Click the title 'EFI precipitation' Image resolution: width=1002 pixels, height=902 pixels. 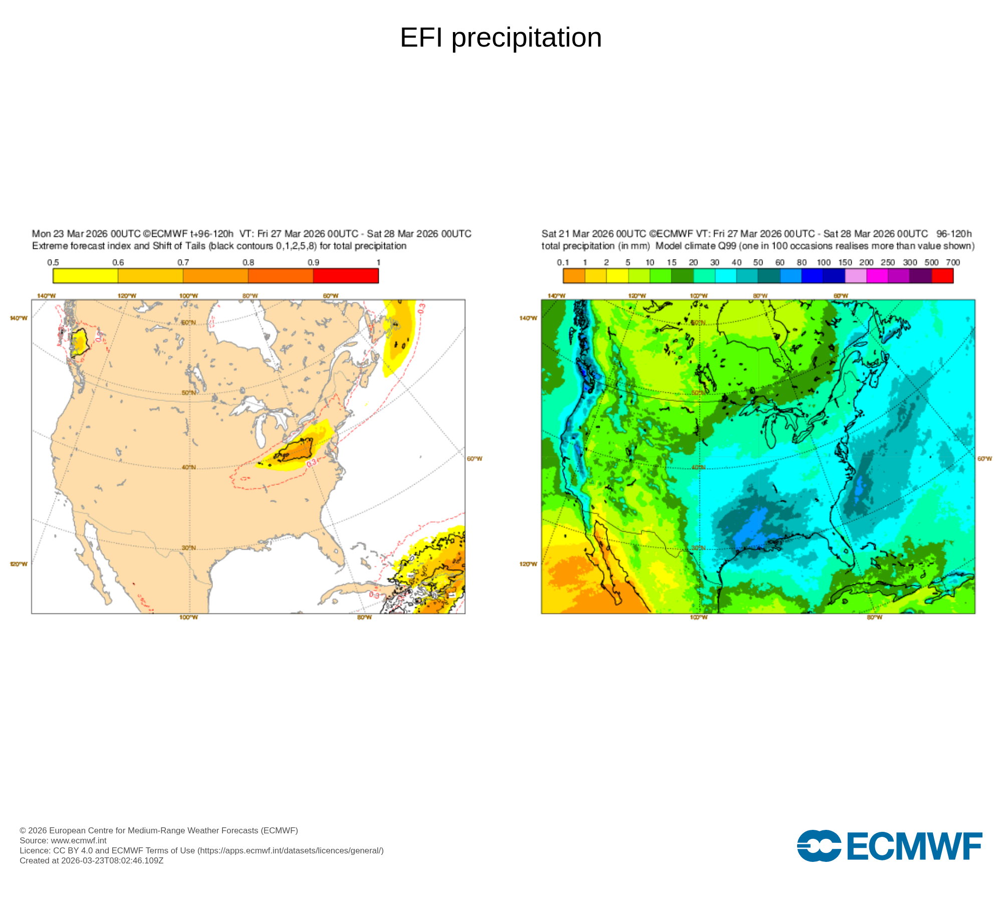[500, 38]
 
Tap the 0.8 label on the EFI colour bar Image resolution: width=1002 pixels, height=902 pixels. [248, 263]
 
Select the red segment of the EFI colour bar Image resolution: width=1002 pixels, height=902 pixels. [346, 276]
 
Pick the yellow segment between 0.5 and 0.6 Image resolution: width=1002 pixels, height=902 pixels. [85, 276]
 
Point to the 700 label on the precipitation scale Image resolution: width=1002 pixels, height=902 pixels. [953, 263]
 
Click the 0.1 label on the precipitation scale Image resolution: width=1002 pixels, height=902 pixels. [563, 263]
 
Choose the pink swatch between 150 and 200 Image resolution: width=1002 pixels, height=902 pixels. [856, 276]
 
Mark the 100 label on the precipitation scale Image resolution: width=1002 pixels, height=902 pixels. [824, 263]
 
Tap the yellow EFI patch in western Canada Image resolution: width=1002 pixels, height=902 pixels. [79, 343]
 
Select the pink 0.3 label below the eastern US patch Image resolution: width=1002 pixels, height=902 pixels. [311, 464]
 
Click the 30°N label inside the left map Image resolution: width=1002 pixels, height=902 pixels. [188, 548]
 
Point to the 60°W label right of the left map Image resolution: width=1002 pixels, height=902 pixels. [474, 459]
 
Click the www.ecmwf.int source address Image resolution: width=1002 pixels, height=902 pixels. [79, 840]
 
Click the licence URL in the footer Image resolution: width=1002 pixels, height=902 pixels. [291, 850]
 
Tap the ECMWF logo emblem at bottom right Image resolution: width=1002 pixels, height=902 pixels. [819, 846]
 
